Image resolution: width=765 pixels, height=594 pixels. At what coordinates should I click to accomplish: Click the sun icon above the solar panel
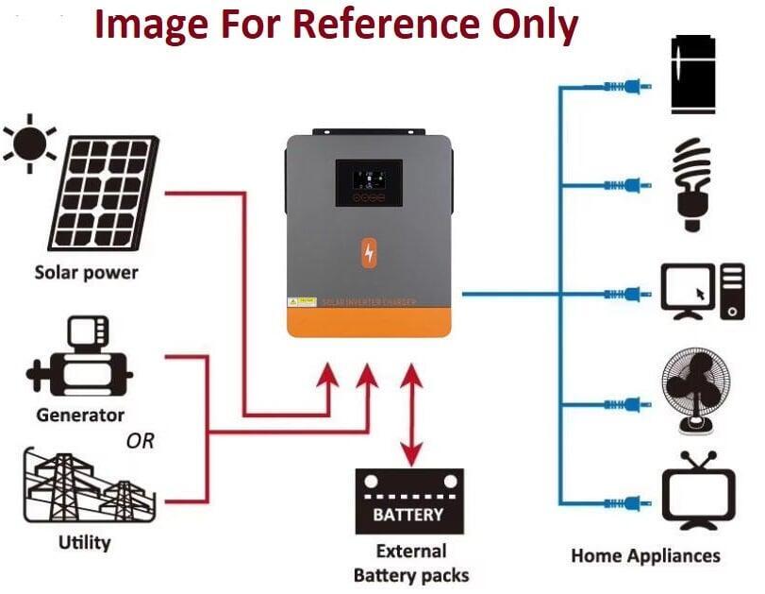point(30,143)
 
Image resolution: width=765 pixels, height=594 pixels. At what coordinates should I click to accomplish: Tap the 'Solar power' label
point(86,273)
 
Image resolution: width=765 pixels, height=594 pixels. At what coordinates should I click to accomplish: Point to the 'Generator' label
point(80,415)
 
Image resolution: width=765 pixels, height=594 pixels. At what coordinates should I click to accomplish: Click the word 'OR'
point(140,441)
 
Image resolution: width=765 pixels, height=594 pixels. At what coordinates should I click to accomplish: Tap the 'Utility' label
point(85,543)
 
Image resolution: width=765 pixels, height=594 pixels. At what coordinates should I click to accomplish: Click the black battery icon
point(408,501)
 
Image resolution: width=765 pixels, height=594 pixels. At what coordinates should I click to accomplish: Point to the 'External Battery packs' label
point(410,563)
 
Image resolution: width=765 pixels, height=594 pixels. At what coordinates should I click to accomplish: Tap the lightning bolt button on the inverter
point(369,253)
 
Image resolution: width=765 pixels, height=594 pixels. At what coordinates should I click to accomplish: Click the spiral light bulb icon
point(696,184)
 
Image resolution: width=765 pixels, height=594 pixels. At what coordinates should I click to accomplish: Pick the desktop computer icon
point(704,290)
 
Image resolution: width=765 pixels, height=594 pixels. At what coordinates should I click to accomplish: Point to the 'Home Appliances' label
point(645,555)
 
